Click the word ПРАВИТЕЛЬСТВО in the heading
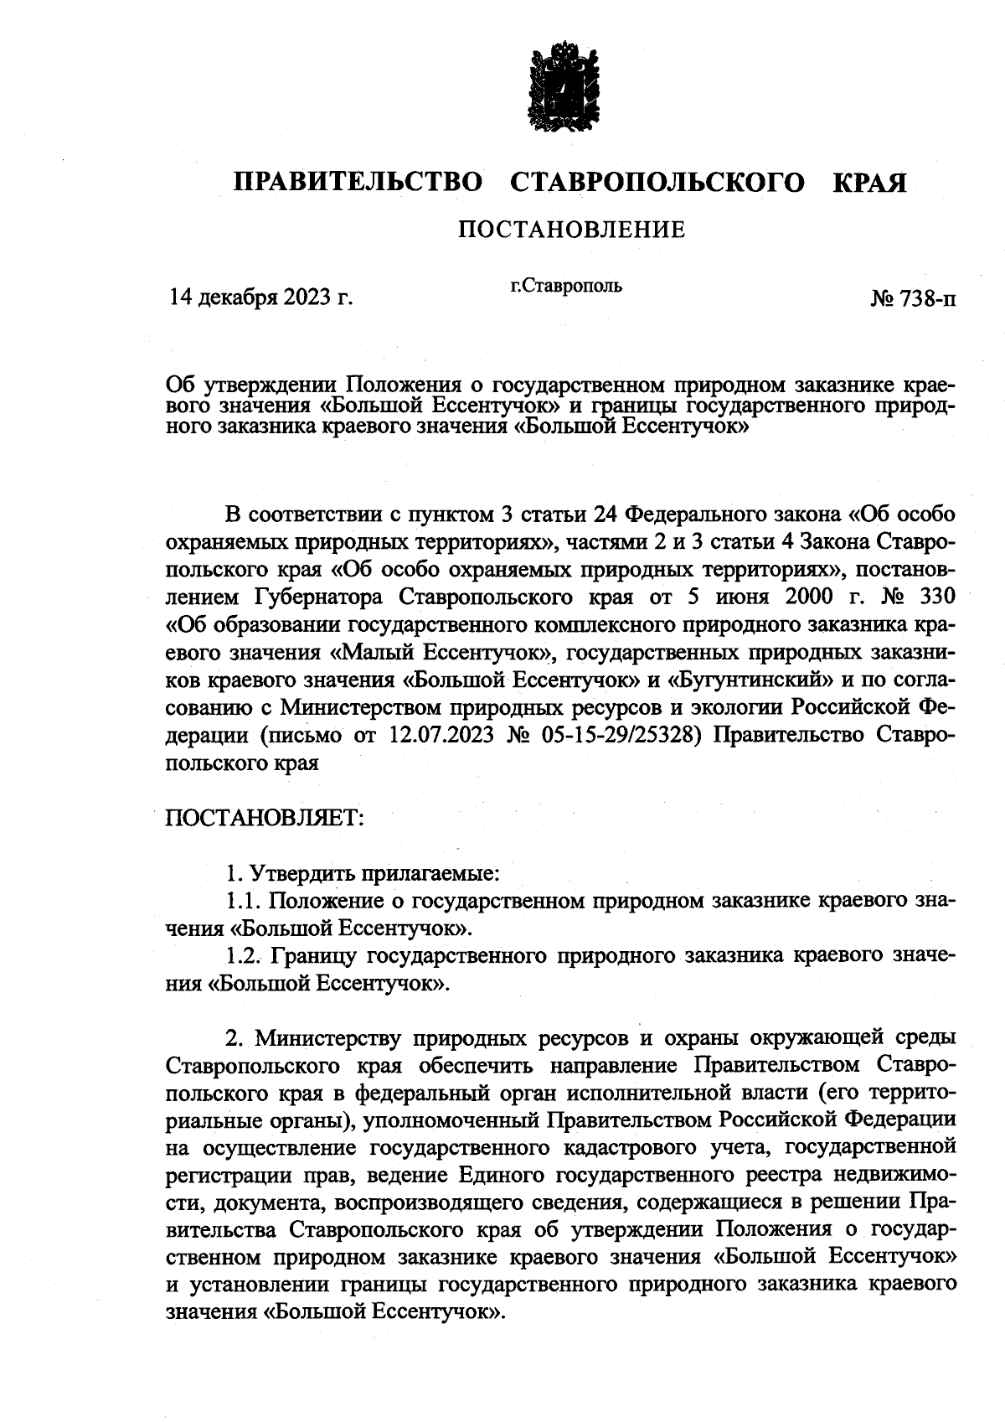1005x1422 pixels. [x=358, y=183]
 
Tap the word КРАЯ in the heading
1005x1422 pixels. [x=870, y=183]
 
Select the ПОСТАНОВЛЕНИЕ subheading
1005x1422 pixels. [x=571, y=229]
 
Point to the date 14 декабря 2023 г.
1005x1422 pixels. [x=260, y=297]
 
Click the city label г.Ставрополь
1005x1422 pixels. [x=566, y=287]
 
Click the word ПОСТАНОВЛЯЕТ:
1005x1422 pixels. [x=265, y=816]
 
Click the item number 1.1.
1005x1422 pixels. [x=244, y=901]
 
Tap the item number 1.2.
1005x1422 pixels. [x=245, y=955]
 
